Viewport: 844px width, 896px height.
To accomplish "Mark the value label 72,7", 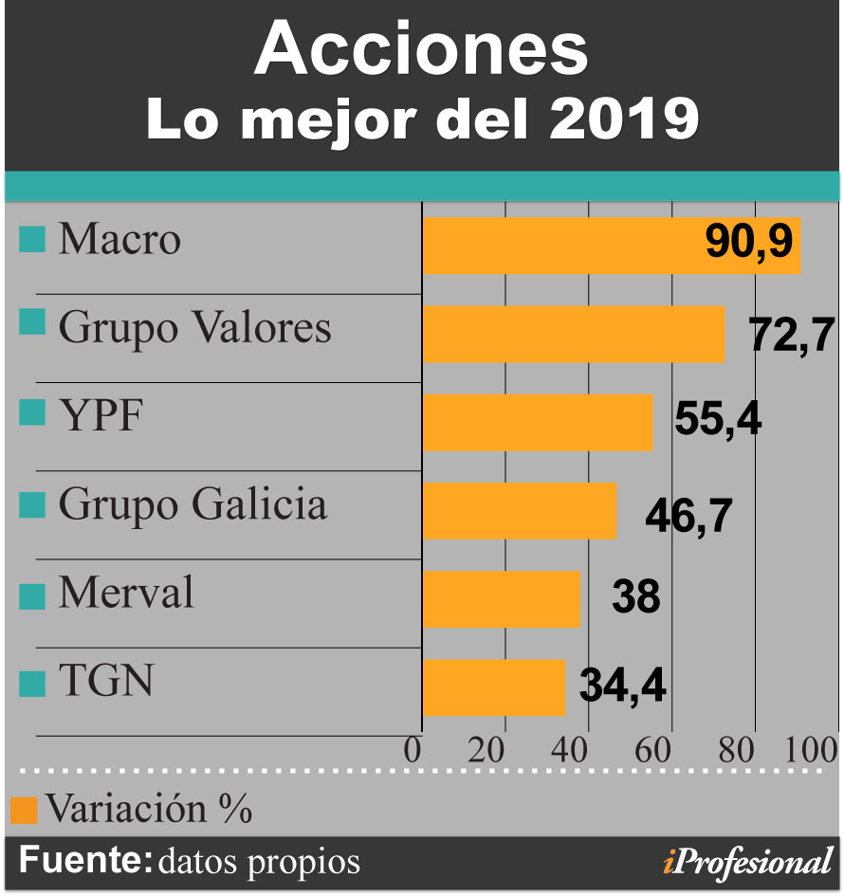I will [x=791, y=334].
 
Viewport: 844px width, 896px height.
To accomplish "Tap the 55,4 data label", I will [x=718, y=418].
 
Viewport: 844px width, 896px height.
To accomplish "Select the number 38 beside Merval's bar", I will [x=634, y=598].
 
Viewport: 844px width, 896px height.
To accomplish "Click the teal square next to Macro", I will [x=32, y=241].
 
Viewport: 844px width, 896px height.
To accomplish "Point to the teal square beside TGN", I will [x=32, y=683].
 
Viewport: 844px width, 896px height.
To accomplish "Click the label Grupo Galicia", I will [x=193, y=504].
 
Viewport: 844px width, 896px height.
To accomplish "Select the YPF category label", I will [x=100, y=415].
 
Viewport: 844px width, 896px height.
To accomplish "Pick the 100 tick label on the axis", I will [x=811, y=751].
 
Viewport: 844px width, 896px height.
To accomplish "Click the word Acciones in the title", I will [x=421, y=50].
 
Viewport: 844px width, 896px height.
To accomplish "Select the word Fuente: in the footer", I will [x=85, y=861].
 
